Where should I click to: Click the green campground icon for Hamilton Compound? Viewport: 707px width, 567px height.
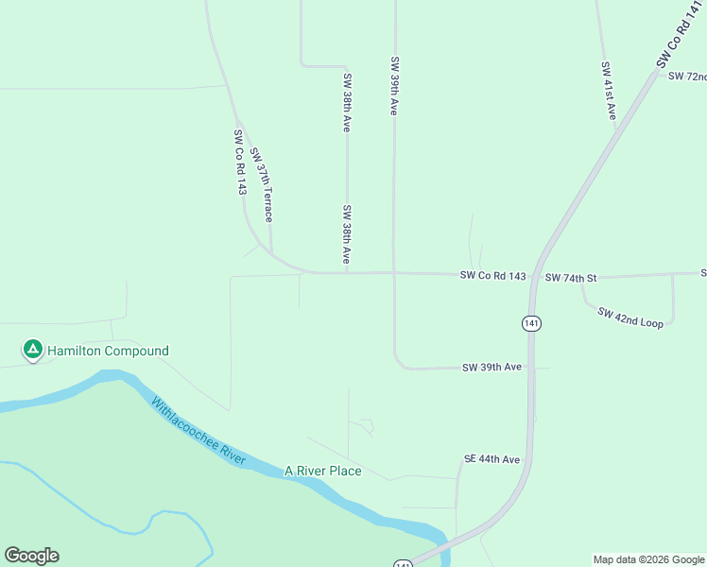click(x=32, y=351)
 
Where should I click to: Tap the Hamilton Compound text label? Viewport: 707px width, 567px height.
click(x=109, y=352)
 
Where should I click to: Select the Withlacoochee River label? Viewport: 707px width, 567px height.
click(x=198, y=430)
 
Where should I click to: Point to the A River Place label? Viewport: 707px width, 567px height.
click(x=323, y=471)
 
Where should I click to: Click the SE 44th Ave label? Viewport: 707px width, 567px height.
click(x=491, y=459)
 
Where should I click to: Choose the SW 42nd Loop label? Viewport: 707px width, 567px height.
click(x=630, y=317)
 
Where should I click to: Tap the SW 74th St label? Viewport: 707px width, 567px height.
click(x=571, y=278)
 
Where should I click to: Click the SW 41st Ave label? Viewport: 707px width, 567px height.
click(x=608, y=91)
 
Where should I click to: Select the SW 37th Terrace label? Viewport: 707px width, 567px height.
click(x=262, y=186)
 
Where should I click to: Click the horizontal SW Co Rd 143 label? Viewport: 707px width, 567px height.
click(x=492, y=276)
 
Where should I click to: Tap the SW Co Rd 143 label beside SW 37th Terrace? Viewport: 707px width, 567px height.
click(x=240, y=163)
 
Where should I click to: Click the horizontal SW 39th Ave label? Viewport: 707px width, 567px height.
click(x=491, y=367)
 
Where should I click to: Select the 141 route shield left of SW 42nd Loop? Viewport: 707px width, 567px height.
click(x=531, y=323)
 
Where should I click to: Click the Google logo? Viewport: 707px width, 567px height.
click(x=31, y=556)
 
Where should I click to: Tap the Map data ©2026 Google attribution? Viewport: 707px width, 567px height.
click(x=649, y=559)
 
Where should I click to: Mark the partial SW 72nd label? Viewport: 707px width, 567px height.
click(x=687, y=77)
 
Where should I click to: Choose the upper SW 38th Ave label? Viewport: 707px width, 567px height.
click(x=347, y=102)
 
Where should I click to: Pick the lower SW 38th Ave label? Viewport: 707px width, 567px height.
click(x=347, y=234)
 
